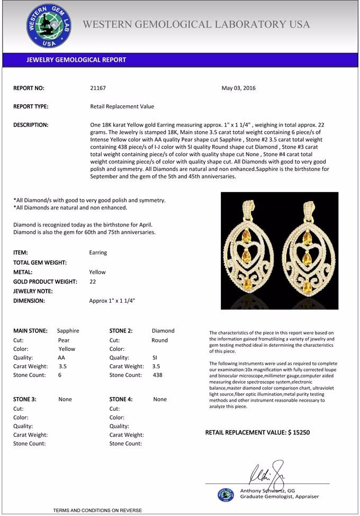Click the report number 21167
pos(98,88)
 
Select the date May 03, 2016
pos(238,88)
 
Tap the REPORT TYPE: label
pos(31,106)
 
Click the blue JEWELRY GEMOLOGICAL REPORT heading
pos(76,60)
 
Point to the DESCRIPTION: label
pos(31,125)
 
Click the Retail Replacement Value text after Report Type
pos(122,106)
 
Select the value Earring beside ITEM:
pos(98,253)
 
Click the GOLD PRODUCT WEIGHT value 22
pos(93,282)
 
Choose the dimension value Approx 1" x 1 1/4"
pos(112,301)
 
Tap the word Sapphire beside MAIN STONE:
pos(68,331)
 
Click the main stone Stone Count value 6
pos(60,375)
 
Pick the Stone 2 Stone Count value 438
pos(157,375)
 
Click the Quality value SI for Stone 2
pos(155,358)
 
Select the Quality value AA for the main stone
pos(61,358)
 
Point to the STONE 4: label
pos(121,400)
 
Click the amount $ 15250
pos(299,433)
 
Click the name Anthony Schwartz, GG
pos(267,491)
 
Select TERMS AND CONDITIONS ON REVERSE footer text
pos(97,511)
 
